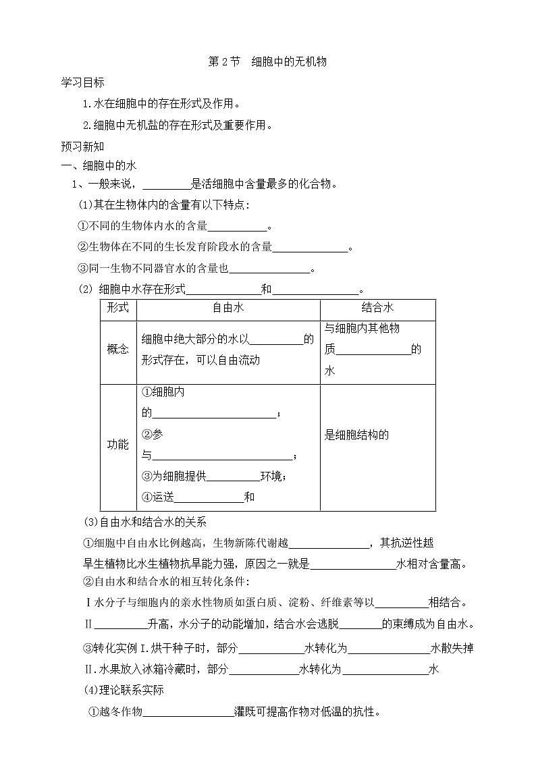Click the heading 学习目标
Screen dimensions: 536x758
pos(82,83)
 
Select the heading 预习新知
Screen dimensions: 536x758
pos(82,145)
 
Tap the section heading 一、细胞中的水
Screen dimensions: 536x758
pos(100,166)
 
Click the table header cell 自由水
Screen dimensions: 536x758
pos(228,308)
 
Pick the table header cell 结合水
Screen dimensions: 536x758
pos(377,308)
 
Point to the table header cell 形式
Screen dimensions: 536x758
pos(118,308)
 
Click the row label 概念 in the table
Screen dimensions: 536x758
pos(118,350)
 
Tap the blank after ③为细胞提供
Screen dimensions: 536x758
pos(233,477)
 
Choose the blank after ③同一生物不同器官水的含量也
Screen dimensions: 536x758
pos(269,269)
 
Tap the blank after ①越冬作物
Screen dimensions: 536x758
pos(188,712)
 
